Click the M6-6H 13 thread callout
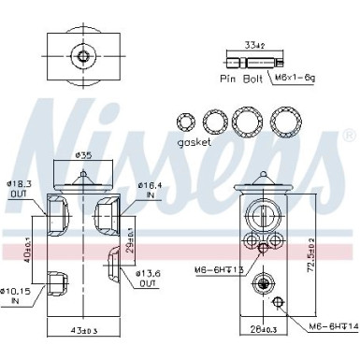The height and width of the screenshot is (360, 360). click(221, 271)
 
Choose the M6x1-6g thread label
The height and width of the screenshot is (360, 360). click(285, 80)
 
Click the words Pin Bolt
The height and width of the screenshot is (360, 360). click(238, 80)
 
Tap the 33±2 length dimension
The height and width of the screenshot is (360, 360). click(253, 43)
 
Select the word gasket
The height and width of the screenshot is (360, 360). click(193, 142)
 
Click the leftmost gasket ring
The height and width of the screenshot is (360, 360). click(184, 122)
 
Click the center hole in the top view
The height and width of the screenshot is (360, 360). click(83, 57)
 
